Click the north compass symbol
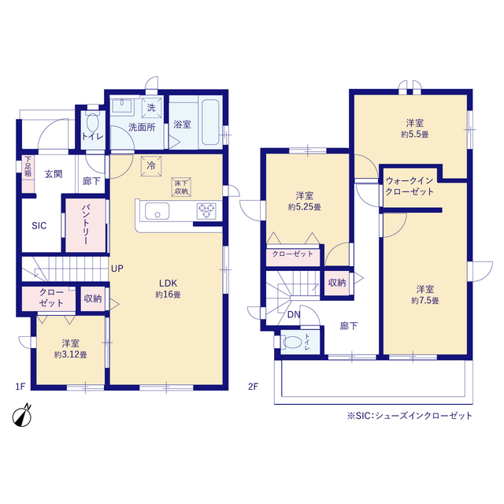pyautogui.click(x=22, y=416)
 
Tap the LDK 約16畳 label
pyautogui.click(x=168, y=289)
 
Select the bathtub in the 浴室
pyautogui.click(x=210, y=123)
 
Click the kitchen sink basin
pyautogui.click(x=157, y=211)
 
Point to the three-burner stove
pyautogui.click(x=206, y=211)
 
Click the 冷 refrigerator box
pyautogui.click(x=151, y=166)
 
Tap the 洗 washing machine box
pyautogui.click(x=151, y=108)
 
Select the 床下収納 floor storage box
pyautogui.click(x=181, y=187)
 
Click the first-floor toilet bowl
pyautogui.click(x=93, y=123)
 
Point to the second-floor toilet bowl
pyautogui.click(x=292, y=343)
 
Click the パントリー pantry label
pyautogui.click(x=86, y=224)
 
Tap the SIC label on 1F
pyautogui.click(x=39, y=226)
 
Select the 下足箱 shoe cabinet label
pyautogui.click(x=28, y=166)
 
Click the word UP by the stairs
pyautogui.click(x=117, y=269)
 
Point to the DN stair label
pyautogui.click(x=294, y=315)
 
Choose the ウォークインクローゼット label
pyautogui.click(x=409, y=186)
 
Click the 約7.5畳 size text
pyautogui.click(x=425, y=301)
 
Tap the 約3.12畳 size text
pyautogui.click(x=70, y=355)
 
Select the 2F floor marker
pyautogui.click(x=253, y=386)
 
